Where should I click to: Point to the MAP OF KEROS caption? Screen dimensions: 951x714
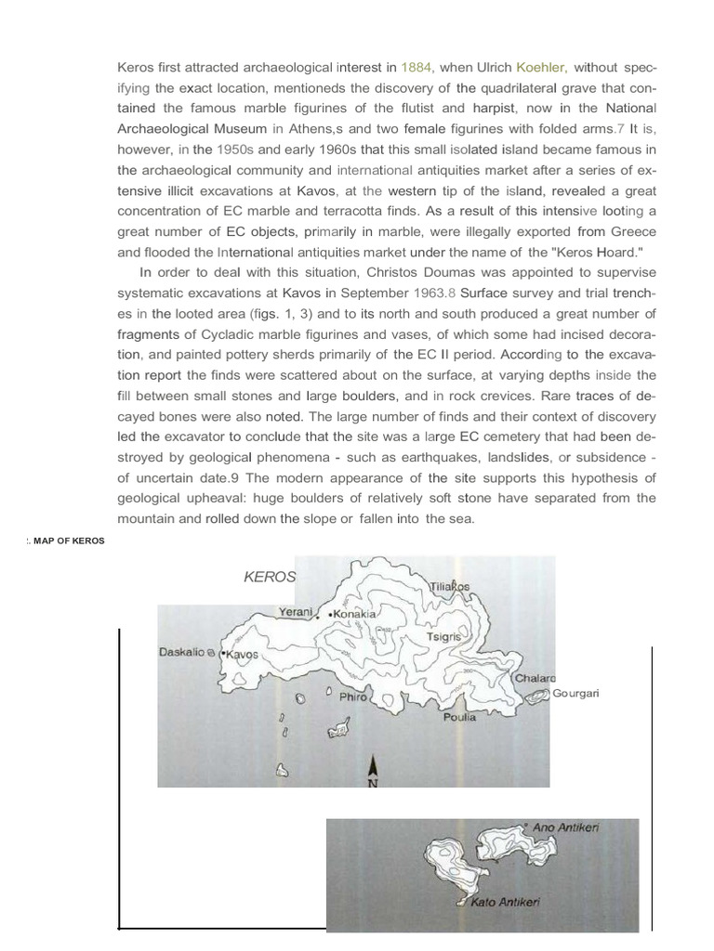pyautogui.click(x=66, y=541)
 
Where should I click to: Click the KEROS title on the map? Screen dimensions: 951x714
pyautogui.click(x=270, y=577)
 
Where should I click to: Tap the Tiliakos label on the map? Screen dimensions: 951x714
pyautogui.click(x=450, y=587)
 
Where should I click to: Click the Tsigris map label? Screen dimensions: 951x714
pyautogui.click(x=444, y=638)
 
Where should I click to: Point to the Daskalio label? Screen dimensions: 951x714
pyautogui.click(x=182, y=653)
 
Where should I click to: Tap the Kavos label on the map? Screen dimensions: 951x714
pyautogui.click(x=241, y=655)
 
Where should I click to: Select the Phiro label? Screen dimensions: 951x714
pyautogui.click(x=353, y=696)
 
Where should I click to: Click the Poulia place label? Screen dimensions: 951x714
pyautogui.click(x=460, y=717)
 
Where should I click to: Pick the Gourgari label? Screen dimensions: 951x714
pyautogui.click(x=576, y=693)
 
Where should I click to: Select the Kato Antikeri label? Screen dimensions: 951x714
pyautogui.click(x=505, y=902)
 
